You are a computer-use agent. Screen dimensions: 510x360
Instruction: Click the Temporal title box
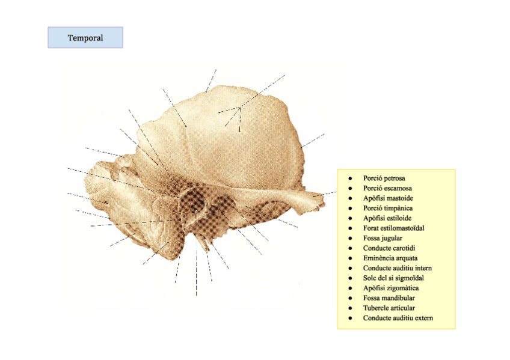pos(85,38)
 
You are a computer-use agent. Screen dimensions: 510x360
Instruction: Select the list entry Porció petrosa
pos(384,178)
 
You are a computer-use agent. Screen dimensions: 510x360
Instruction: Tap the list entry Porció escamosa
pos(387,189)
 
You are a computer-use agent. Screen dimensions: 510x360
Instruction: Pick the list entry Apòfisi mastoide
pos(388,198)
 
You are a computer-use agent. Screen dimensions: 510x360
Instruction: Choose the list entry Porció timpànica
pos(387,209)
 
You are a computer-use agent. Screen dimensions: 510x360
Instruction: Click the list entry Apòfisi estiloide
pos(387,218)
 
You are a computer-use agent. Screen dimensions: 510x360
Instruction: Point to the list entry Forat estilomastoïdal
pos(393,228)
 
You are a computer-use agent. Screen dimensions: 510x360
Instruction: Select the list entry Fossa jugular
pos(382,238)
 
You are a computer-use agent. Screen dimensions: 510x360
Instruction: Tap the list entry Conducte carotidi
pos(389,248)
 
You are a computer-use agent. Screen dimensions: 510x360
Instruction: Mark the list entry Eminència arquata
pos(390,258)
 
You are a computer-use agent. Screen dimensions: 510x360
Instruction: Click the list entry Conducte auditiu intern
pos(397,268)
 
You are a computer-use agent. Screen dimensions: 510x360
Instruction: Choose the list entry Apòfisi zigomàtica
pos(391,288)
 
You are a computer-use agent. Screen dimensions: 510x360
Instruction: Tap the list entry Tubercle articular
pos(389,308)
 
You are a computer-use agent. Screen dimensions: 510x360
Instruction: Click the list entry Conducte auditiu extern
pos(398,318)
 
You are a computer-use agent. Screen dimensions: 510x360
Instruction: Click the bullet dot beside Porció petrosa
pos(349,178)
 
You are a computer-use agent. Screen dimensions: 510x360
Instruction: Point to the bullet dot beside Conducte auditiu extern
pos(349,318)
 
